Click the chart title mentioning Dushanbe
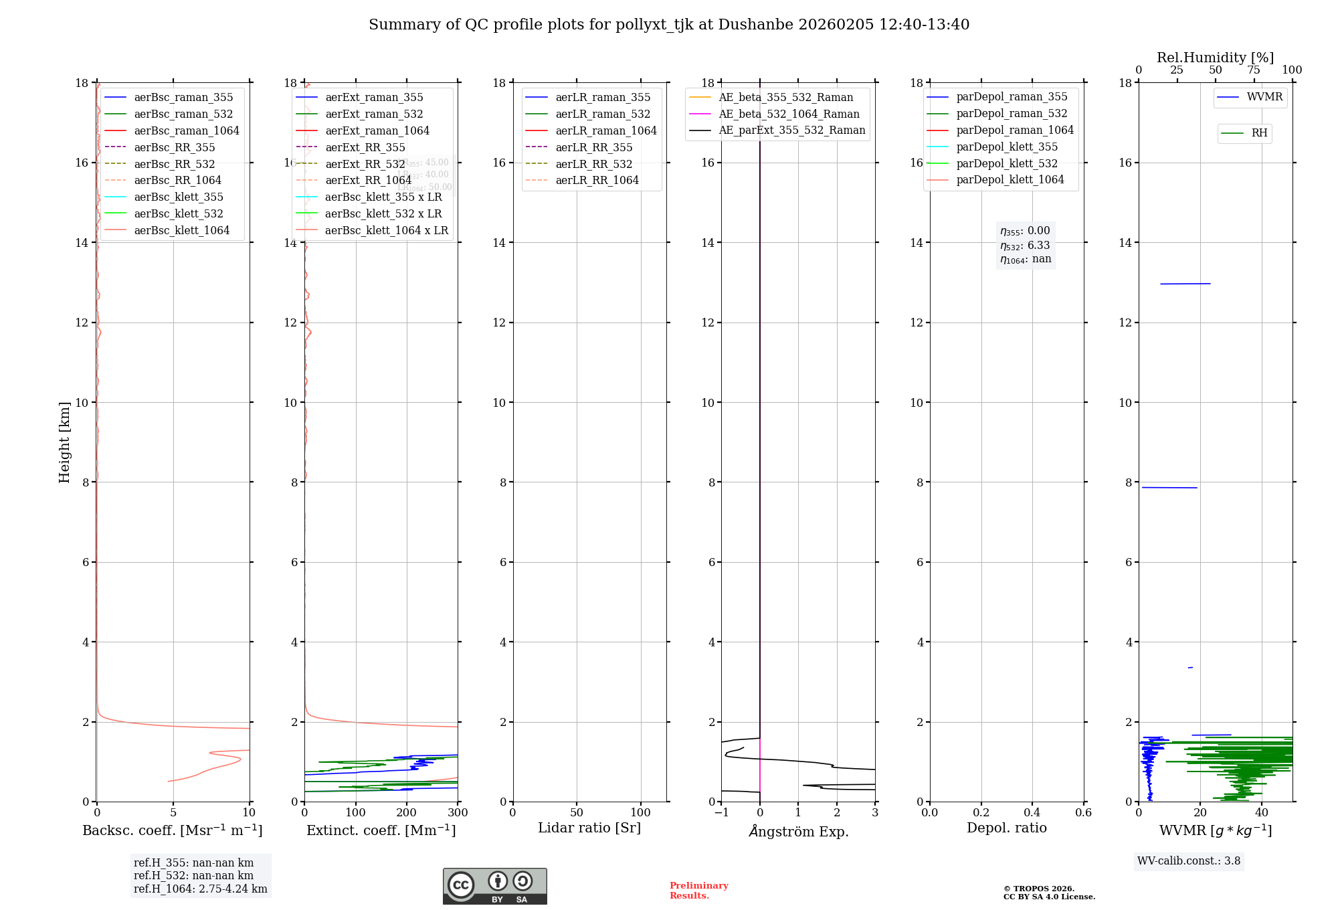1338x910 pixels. (669, 25)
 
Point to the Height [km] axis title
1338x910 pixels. (64, 442)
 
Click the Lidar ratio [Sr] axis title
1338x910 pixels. (589, 828)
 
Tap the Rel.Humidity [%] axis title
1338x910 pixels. (1215, 58)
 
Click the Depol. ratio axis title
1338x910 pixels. (1006, 828)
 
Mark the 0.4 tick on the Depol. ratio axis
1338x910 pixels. (1032, 813)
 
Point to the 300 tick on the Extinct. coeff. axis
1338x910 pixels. (458, 813)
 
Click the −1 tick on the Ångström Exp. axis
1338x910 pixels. (721, 813)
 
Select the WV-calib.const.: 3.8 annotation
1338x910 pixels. (1189, 861)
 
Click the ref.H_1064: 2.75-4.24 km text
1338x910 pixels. (200, 889)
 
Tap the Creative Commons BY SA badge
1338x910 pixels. (494, 886)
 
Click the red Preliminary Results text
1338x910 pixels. (698, 891)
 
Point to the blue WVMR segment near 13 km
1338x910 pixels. (1185, 284)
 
